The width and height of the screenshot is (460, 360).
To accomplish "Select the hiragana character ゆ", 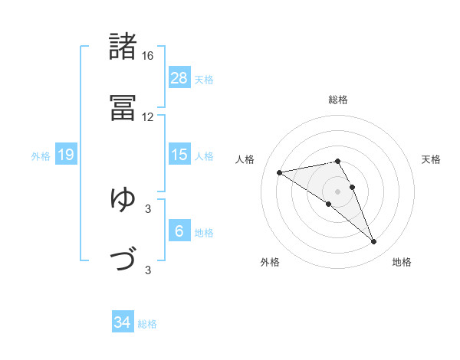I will [x=123, y=199].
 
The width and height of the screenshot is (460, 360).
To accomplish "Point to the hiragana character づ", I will [x=123, y=260].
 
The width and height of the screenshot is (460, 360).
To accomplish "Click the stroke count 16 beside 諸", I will [x=147, y=56].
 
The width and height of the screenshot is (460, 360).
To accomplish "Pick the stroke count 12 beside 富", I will [x=147, y=117].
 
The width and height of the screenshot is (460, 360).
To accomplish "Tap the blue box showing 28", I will [x=179, y=77].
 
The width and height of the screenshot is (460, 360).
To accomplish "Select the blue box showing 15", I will [x=179, y=155].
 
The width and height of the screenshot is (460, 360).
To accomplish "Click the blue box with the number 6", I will [x=179, y=231].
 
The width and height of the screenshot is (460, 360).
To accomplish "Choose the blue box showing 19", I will [x=65, y=155].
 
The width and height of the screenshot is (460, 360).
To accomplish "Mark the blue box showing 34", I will [x=123, y=322].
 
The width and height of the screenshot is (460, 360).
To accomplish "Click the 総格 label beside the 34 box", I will [x=147, y=324].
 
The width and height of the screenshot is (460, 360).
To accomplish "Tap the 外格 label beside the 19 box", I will [x=41, y=156].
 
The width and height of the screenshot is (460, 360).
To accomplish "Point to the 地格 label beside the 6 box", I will [x=204, y=233].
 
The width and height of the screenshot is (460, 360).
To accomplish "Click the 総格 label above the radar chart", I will [x=338, y=100].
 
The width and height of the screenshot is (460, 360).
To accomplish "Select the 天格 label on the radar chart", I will [x=431, y=159].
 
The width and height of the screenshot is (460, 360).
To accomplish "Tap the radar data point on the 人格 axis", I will [x=280, y=172].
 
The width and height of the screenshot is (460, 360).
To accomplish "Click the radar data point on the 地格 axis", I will [x=374, y=242].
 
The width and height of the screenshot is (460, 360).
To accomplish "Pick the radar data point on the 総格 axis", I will [x=338, y=161].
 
